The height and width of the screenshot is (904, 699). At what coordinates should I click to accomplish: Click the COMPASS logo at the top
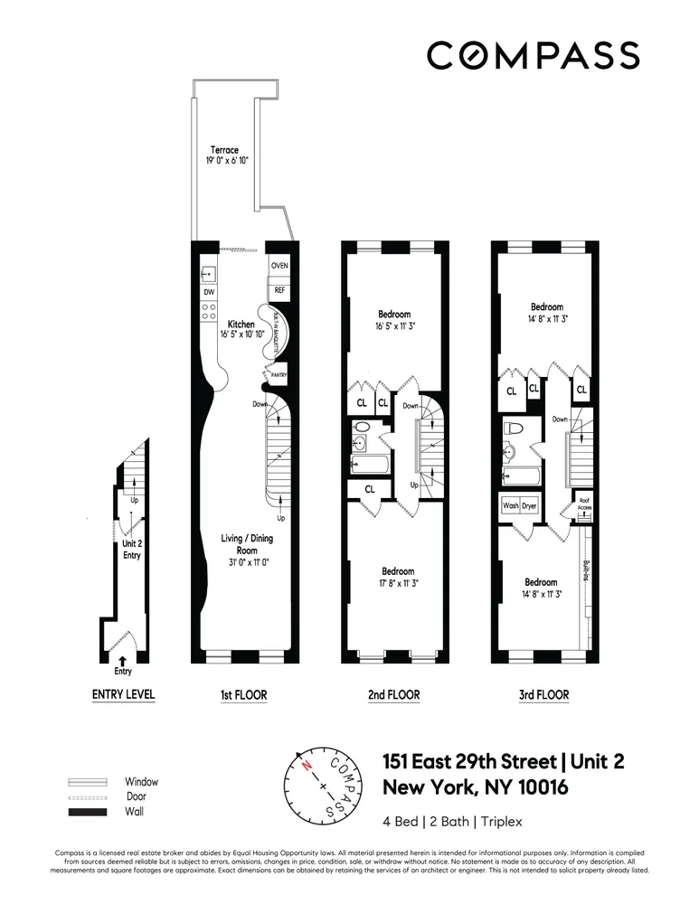tap(533, 56)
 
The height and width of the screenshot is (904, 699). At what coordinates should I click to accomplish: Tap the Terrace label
tap(224, 150)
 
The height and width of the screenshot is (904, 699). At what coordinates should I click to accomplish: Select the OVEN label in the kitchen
tap(279, 266)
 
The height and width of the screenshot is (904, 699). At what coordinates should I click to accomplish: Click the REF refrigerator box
tap(279, 291)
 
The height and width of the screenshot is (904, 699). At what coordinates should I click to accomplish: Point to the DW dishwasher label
tap(208, 292)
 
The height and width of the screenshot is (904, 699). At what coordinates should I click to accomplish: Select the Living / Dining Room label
tap(247, 544)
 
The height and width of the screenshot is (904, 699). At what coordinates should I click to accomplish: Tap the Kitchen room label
tap(241, 324)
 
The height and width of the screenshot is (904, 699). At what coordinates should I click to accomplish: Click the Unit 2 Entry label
tap(132, 550)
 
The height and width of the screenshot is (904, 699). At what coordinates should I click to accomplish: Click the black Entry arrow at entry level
tap(123, 660)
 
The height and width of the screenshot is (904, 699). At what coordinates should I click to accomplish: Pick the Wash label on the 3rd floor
tap(510, 506)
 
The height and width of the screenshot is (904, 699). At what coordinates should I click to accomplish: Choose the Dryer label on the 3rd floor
tap(529, 506)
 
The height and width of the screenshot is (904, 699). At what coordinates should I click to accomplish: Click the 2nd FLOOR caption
tap(392, 695)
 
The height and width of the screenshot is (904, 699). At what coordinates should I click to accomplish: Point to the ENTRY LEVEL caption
tap(124, 695)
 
